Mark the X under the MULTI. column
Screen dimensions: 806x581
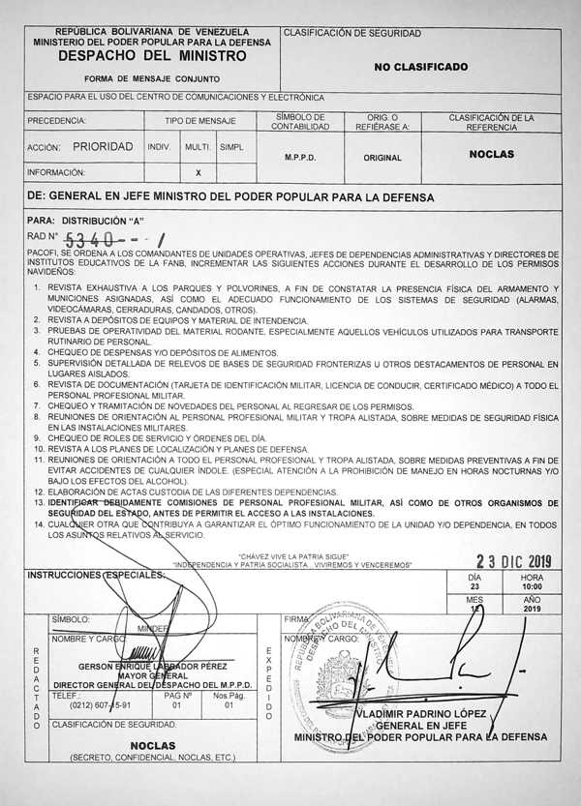point(198,172)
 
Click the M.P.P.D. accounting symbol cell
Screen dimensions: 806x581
point(300,156)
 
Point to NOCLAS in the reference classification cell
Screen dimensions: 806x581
point(491,154)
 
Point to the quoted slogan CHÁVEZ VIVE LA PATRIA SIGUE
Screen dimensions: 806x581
point(292,556)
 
